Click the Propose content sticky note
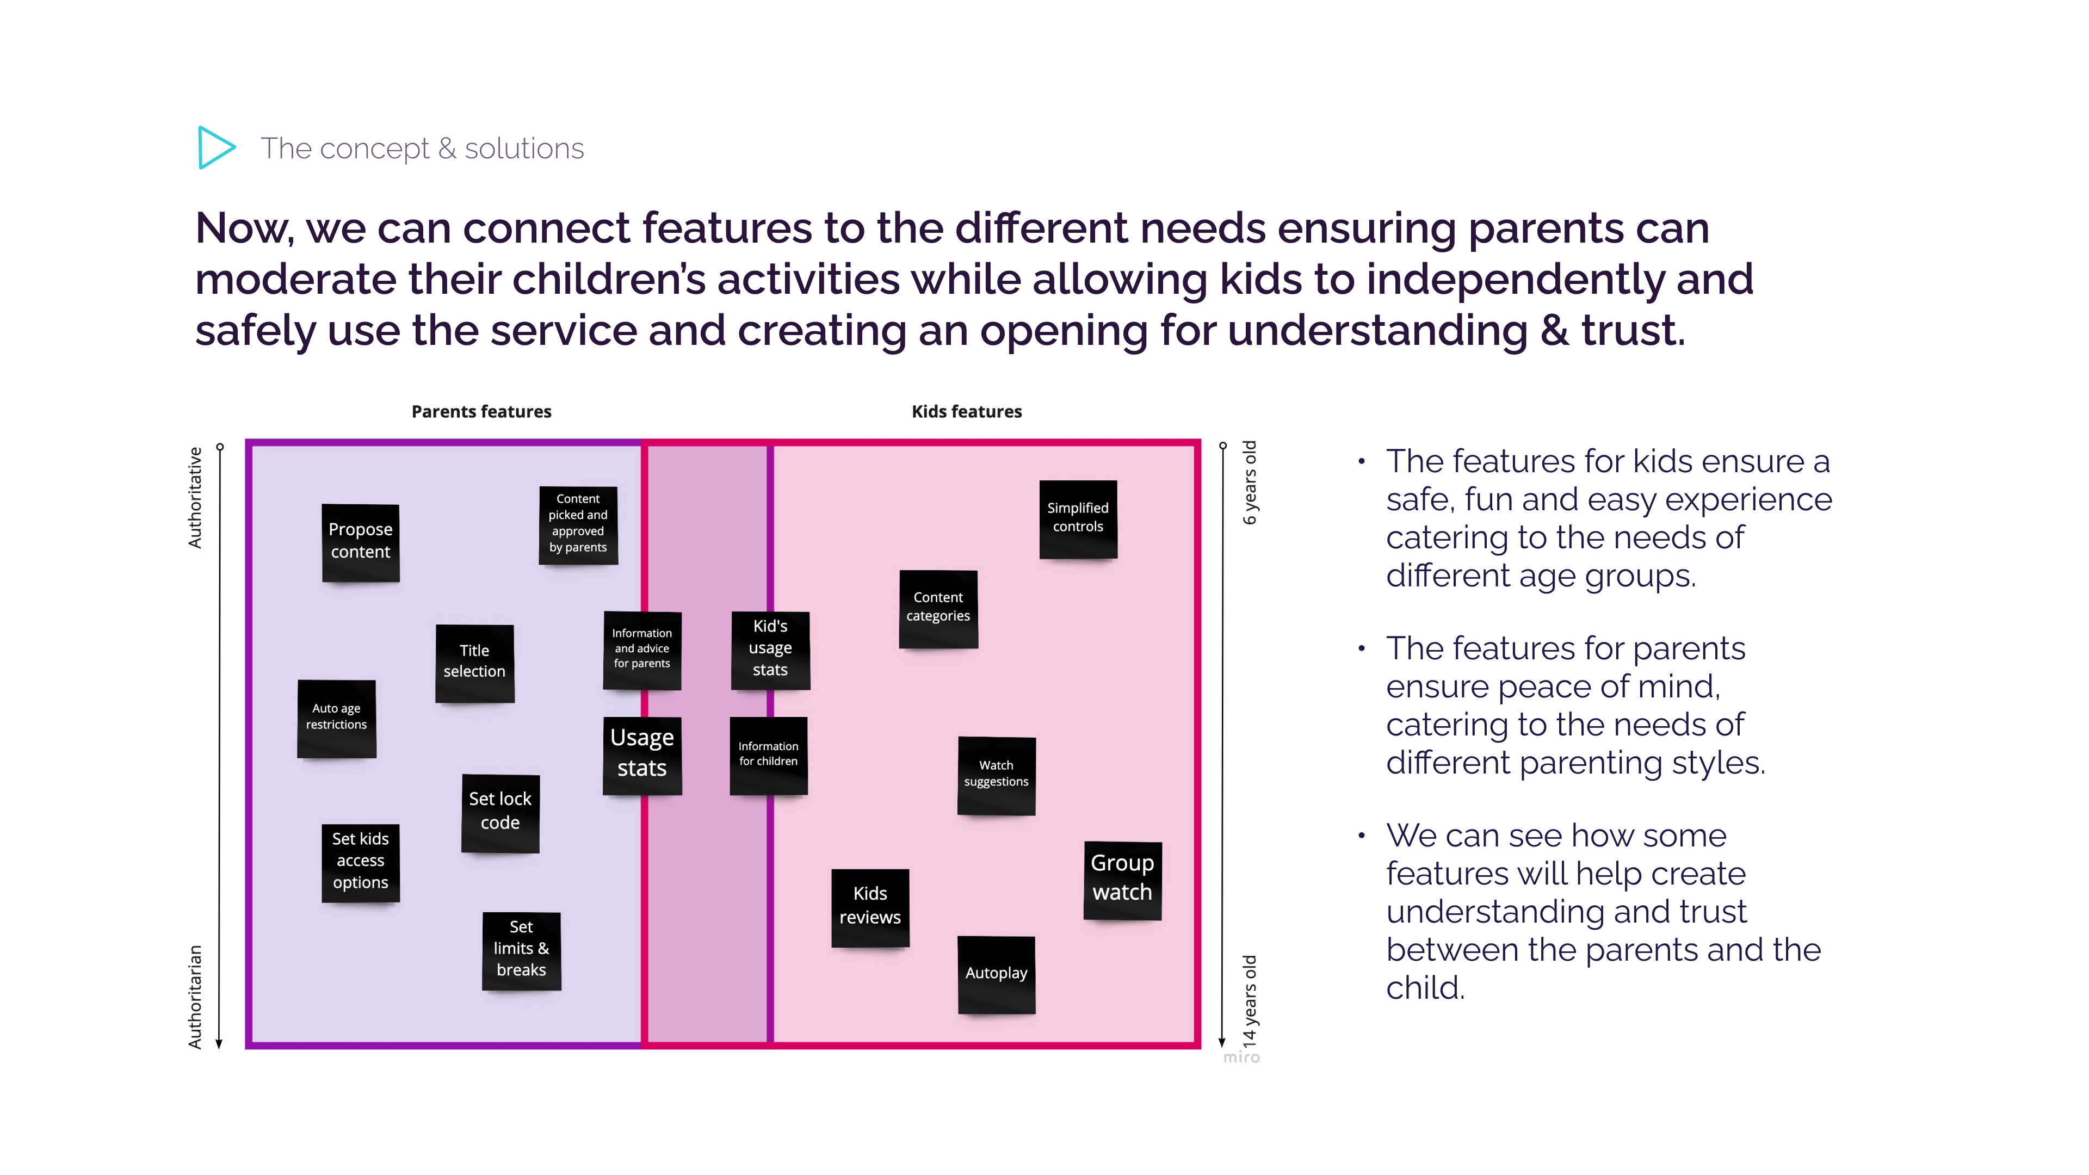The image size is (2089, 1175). (360, 542)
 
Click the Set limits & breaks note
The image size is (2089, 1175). (522, 950)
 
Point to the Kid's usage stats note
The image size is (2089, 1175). (770, 649)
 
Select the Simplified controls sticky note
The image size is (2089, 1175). (1078, 518)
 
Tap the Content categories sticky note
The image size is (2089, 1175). (938, 608)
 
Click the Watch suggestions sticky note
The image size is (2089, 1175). (996, 775)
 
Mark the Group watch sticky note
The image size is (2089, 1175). (1122, 879)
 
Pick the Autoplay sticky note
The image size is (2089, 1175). (996, 974)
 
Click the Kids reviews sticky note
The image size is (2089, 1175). (870, 907)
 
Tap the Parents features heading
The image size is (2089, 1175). (481, 412)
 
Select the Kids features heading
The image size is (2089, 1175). (967, 412)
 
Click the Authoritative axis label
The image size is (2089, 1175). (195, 498)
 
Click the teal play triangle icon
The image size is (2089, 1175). (215, 147)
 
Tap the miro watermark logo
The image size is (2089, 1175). (1241, 1057)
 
